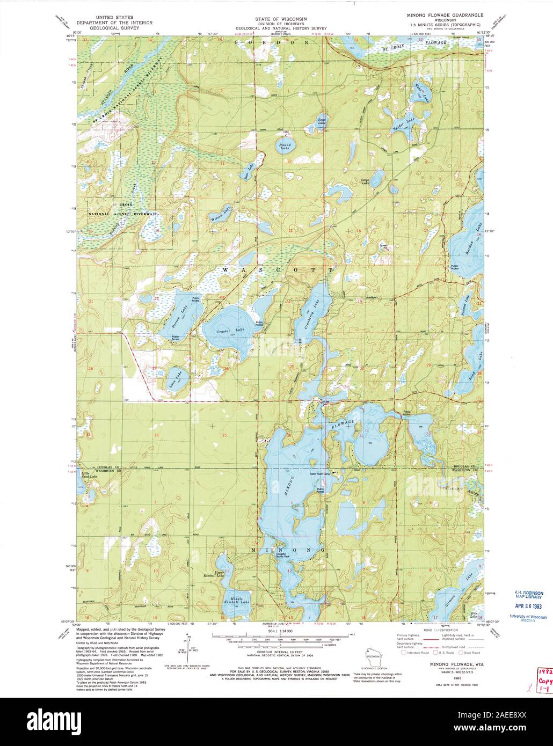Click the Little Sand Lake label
(x=89, y=476)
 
